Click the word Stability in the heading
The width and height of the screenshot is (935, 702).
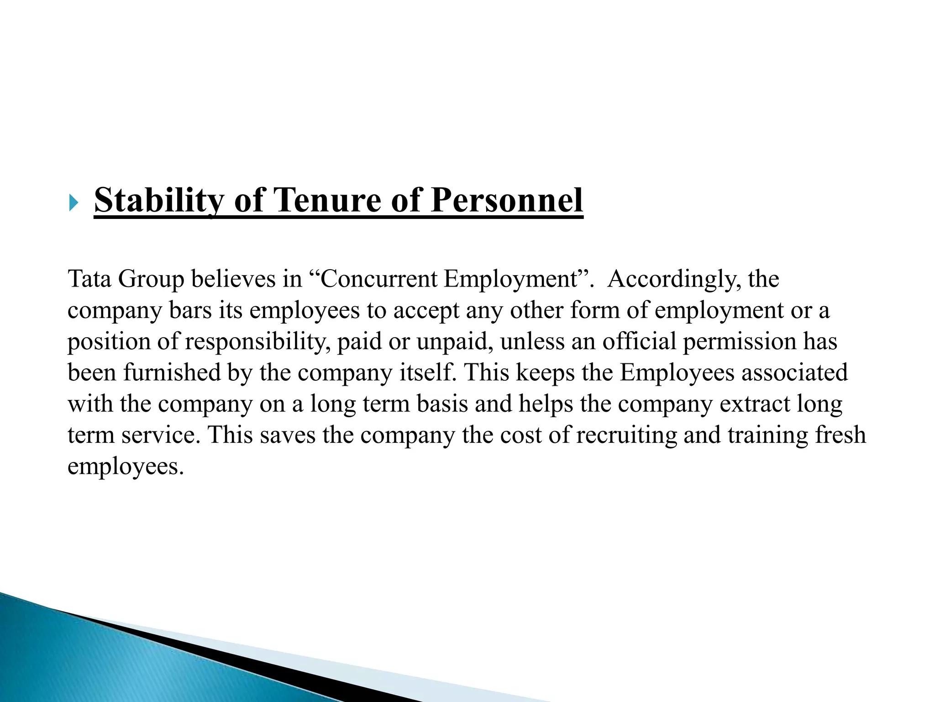[158, 200]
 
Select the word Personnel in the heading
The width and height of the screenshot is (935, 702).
[507, 200]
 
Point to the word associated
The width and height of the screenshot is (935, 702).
[794, 372]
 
